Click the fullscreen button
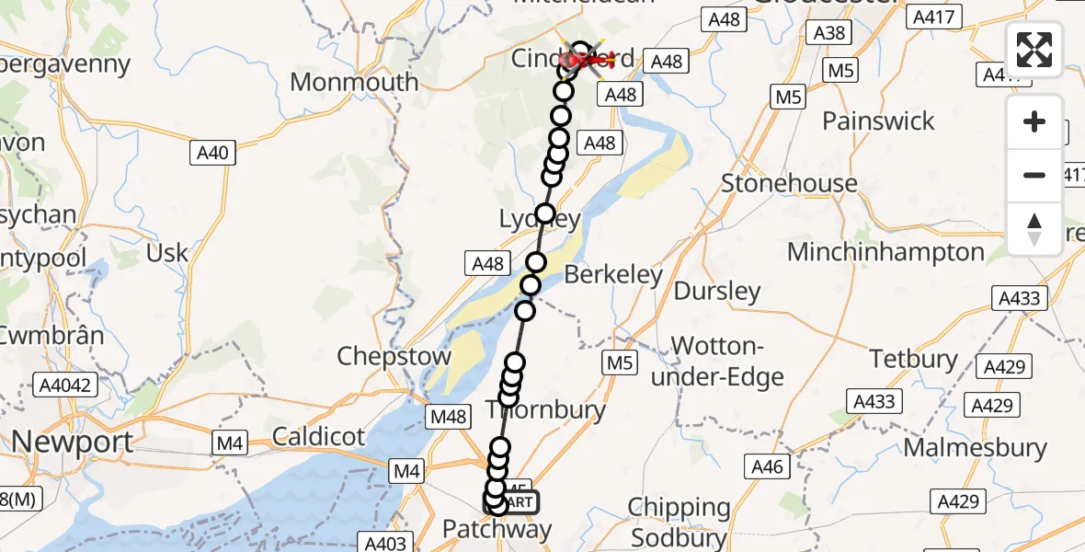[1034, 50]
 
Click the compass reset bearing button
[1034, 228]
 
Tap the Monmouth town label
[354, 83]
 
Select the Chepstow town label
[394, 357]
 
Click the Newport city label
[72, 443]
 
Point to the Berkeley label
[613, 275]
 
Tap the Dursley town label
[717, 293]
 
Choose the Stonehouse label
[789, 183]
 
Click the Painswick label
[878, 121]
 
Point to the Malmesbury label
[975, 448]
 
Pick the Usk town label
[167, 253]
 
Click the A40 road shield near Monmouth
[214, 153]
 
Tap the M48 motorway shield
[448, 418]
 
